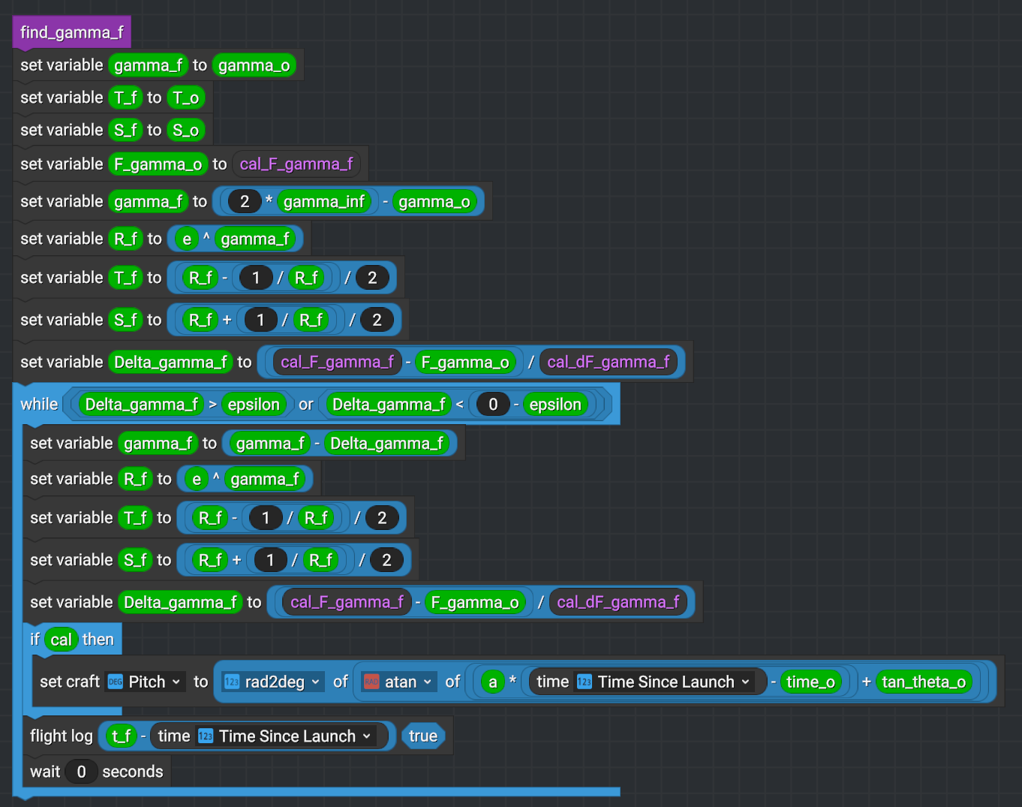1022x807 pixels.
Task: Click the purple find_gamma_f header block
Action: tap(72, 32)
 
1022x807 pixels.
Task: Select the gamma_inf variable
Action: tap(324, 201)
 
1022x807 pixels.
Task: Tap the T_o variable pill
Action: tap(185, 98)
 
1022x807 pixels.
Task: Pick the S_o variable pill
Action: tap(185, 130)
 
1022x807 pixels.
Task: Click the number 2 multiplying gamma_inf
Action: tap(245, 201)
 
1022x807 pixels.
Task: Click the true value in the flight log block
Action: tap(423, 736)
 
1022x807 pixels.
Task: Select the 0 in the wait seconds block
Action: tap(81, 772)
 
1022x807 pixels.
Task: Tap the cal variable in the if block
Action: tap(62, 640)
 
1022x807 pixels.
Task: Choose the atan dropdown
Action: tap(398, 682)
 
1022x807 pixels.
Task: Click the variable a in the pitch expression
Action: tap(492, 682)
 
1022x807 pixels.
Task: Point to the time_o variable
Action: tap(810, 682)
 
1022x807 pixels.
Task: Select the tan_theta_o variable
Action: tap(924, 682)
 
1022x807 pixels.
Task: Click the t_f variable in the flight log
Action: tap(121, 736)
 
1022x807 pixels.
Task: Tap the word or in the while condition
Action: tap(306, 405)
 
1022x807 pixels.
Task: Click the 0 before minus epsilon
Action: tap(493, 405)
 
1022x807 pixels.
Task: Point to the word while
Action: tap(39, 405)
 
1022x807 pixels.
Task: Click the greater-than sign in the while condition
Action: tap(213, 405)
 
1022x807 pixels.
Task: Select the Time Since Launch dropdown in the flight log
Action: tap(285, 736)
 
